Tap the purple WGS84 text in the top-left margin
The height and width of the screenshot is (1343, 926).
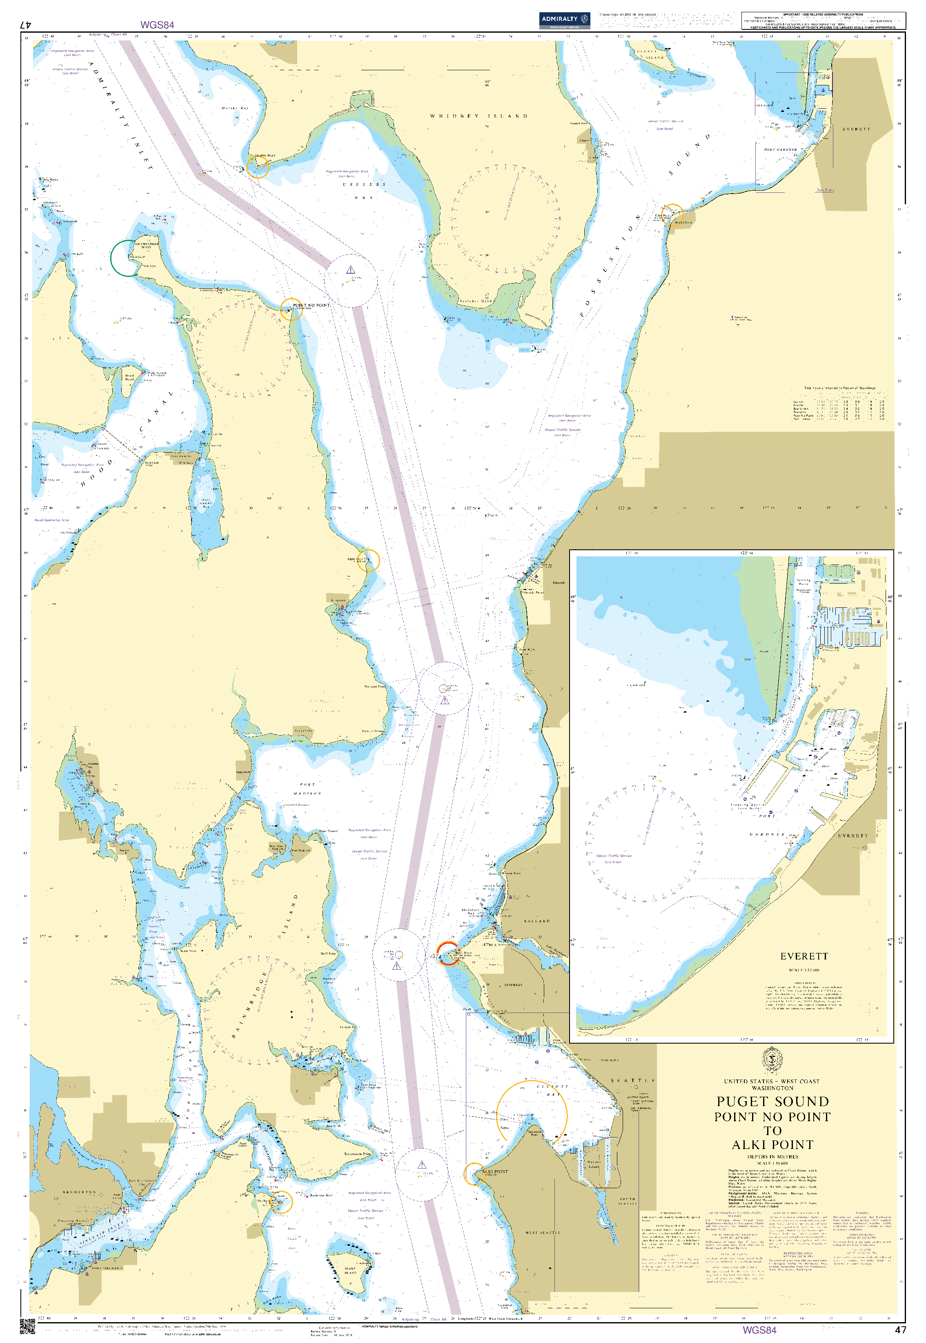coord(157,25)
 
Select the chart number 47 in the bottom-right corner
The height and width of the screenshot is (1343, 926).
coord(900,1330)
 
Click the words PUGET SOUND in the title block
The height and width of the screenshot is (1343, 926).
coord(772,1102)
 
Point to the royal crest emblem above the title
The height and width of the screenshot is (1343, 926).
coord(772,1060)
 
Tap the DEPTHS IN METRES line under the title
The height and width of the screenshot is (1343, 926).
coord(772,1157)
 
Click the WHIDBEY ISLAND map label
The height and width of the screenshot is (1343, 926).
coord(479,116)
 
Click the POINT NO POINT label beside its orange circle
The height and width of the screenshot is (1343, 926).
coord(311,305)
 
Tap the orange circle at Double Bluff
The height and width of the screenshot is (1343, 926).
coord(258,167)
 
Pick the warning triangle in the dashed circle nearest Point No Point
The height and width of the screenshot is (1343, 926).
coord(350,270)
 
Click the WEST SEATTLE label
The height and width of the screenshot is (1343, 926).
coord(543,1232)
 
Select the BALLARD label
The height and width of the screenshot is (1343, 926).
coord(536,921)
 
